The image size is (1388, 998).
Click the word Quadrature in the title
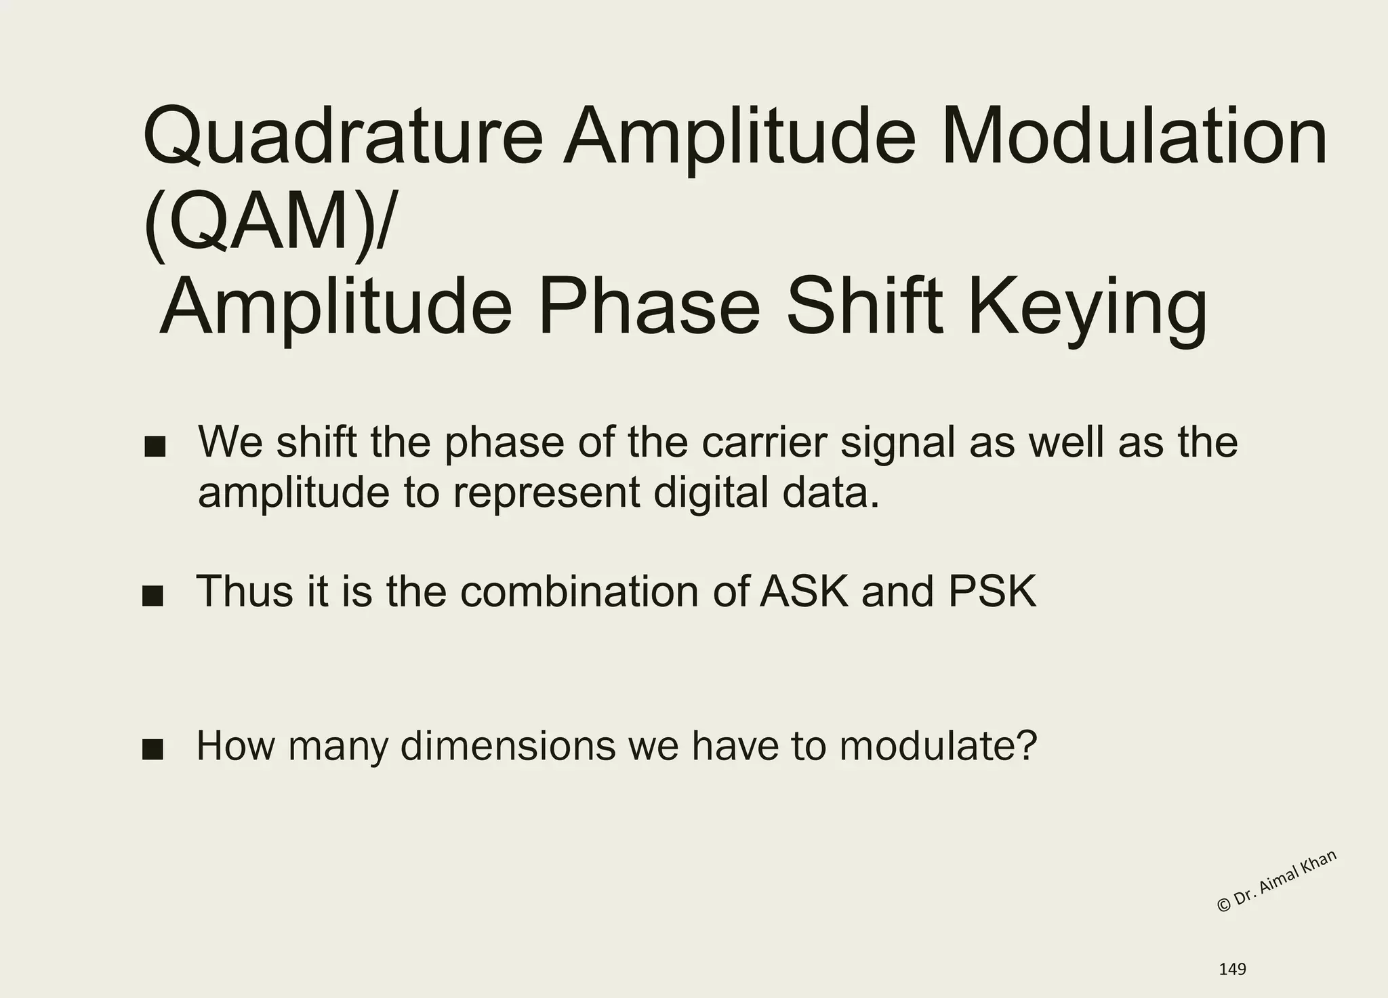click(342, 138)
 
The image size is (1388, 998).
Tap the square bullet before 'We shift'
click(155, 447)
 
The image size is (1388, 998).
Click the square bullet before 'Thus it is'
click(153, 596)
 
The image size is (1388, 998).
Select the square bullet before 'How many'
click(153, 750)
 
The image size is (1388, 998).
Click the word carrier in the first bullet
click(764, 442)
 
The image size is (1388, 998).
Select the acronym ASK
click(804, 591)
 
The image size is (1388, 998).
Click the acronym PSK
click(992, 591)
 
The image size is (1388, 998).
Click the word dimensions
click(508, 746)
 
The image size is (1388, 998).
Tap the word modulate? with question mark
click(938, 746)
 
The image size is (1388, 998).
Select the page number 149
click(1232, 970)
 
